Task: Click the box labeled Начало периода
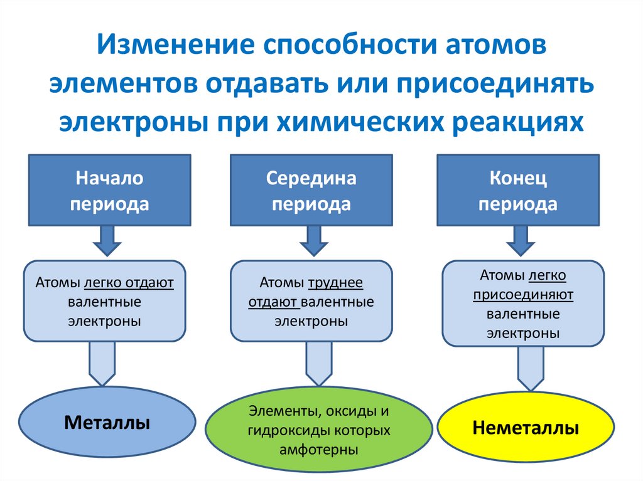click(x=110, y=191)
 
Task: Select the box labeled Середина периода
click(x=311, y=191)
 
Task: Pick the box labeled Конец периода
click(x=518, y=191)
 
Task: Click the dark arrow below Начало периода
click(x=107, y=240)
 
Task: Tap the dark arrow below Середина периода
click(x=311, y=240)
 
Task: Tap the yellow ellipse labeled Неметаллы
click(x=526, y=429)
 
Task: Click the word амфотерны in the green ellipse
click(x=320, y=450)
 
